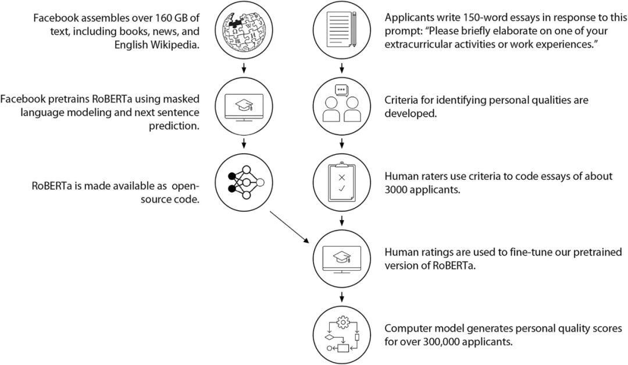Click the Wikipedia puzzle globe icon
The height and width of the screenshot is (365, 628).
(x=244, y=31)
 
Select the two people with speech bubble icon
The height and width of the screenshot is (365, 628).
(x=342, y=106)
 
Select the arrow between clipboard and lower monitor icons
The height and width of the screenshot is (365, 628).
(x=342, y=221)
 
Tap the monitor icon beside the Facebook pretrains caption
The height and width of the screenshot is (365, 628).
(x=244, y=106)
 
